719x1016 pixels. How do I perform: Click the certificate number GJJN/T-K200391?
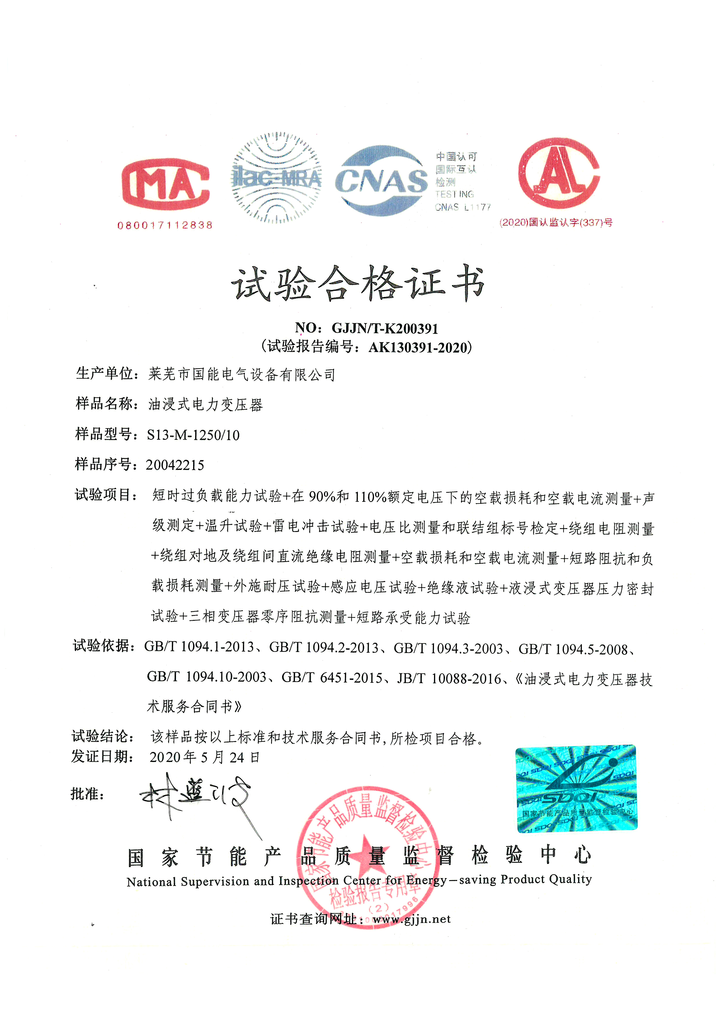coord(385,328)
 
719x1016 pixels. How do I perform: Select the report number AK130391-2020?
coord(418,347)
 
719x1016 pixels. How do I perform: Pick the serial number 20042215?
coord(175,465)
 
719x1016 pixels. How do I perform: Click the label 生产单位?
coord(104,374)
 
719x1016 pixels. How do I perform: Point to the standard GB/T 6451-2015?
coord(332,678)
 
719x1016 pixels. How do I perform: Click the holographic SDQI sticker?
coord(576,789)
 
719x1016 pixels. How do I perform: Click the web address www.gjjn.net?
coord(411,919)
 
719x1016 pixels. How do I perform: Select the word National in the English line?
coord(151,882)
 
